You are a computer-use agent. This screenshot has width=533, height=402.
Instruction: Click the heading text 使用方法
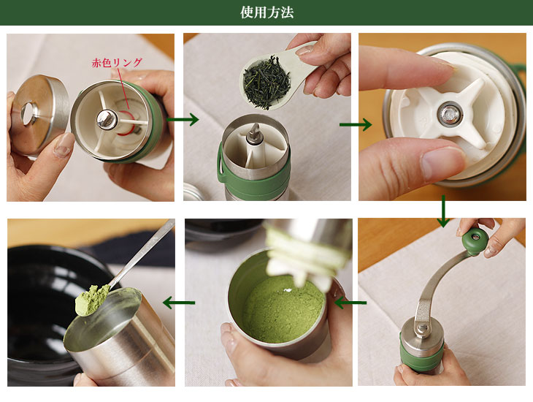[x=266, y=12]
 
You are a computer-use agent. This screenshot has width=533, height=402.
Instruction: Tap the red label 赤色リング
[x=117, y=63]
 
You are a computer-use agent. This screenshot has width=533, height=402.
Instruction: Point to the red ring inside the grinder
[x=124, y=124]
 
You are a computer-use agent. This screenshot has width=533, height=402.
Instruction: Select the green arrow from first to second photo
[x=183, y=119]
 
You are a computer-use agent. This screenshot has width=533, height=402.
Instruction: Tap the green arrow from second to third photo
[x=356, y=124]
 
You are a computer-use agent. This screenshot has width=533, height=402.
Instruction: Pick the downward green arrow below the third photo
[x=443, y=211]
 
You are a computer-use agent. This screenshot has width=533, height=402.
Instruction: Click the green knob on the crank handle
[x=475, y=241]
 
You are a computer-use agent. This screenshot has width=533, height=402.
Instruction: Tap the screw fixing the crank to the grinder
[x=422, y=327]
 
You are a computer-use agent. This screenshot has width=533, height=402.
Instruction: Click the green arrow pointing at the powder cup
[x=350, y=303]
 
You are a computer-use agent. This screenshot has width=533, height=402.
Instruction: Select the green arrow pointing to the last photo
[x=179, y=303]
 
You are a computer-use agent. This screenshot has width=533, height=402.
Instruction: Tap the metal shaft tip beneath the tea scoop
[x=253, y=133]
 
